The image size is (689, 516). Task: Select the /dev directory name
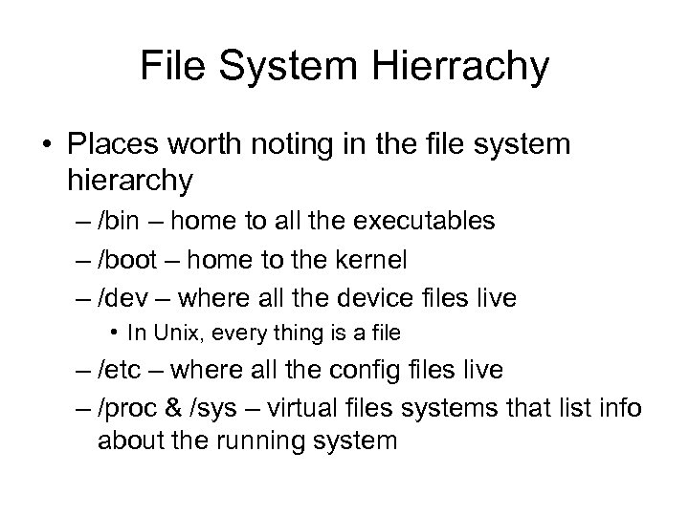[120, 298]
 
